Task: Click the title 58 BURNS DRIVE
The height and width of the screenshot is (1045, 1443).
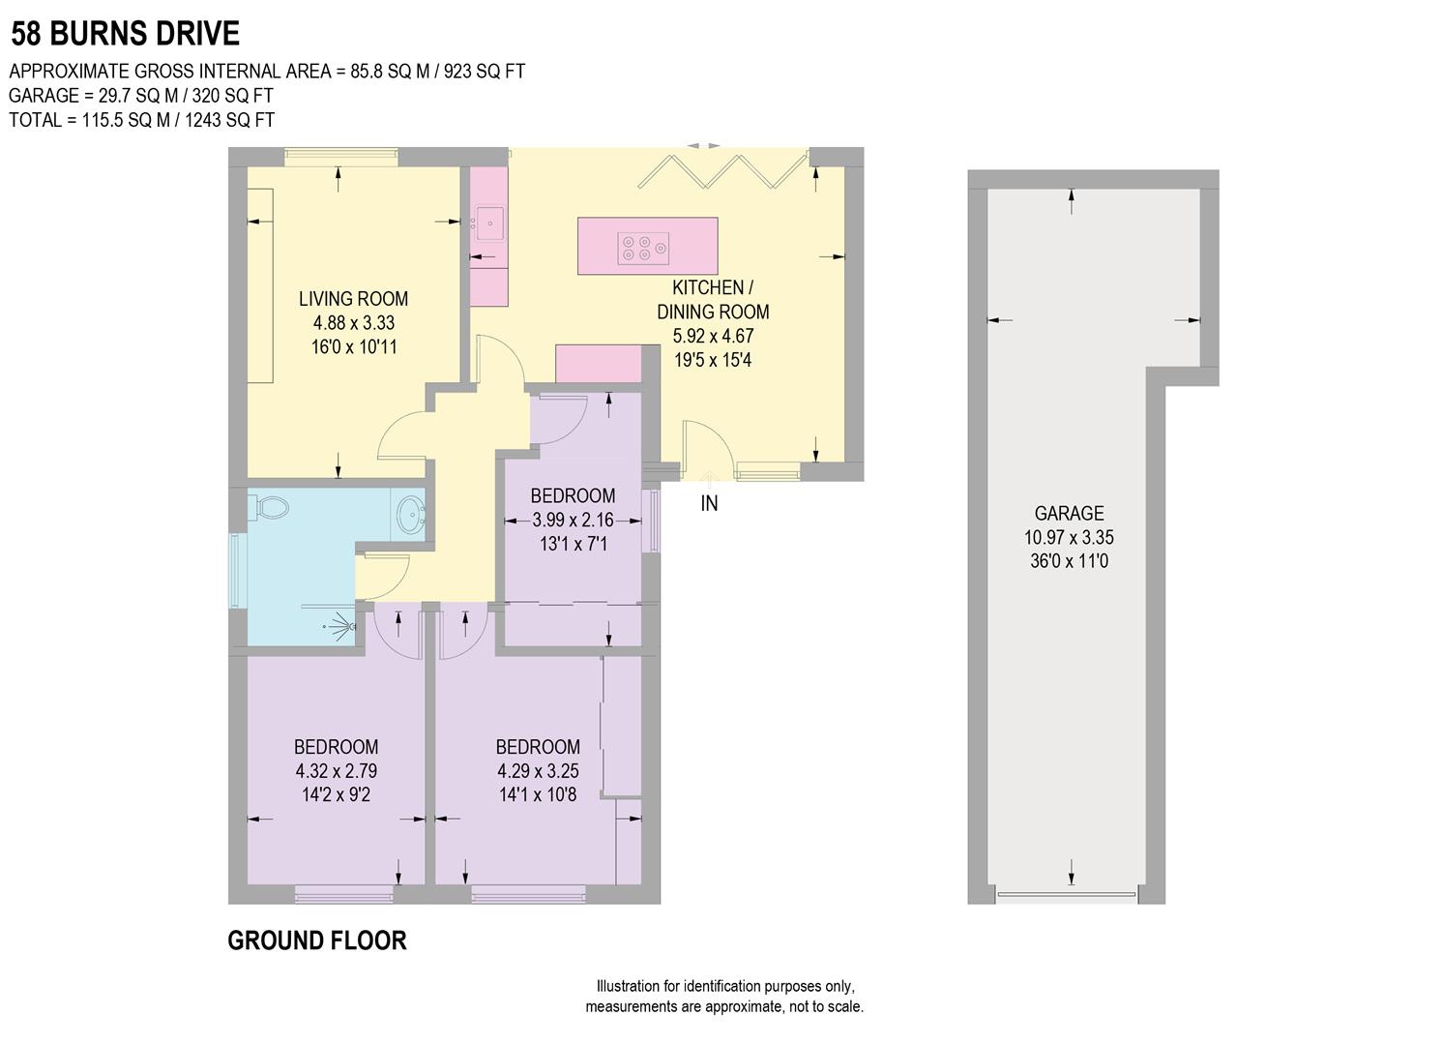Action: click(125, 35)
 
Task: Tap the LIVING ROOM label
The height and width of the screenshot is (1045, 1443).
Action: click(353, 299)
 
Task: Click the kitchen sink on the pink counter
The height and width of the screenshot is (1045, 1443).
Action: click(490, 224)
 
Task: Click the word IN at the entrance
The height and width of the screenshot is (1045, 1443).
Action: click(709, 504)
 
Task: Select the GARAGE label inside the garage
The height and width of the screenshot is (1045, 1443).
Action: click(1069, 514)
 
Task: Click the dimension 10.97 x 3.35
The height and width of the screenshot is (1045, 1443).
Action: click(1069, 537)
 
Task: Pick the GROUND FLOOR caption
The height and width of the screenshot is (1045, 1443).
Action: click(317, 940)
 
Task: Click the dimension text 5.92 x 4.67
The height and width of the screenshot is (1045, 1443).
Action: click(713, 337)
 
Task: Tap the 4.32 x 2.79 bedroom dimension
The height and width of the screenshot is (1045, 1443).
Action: click(336, 771)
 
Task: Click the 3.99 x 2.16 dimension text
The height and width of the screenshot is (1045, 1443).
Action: click(573, 520)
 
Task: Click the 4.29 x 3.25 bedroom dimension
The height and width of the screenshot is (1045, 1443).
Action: click(538, 771)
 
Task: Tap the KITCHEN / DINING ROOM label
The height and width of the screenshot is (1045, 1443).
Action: click(713, 300)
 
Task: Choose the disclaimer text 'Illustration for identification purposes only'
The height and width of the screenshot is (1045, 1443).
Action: click(724, 987)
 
